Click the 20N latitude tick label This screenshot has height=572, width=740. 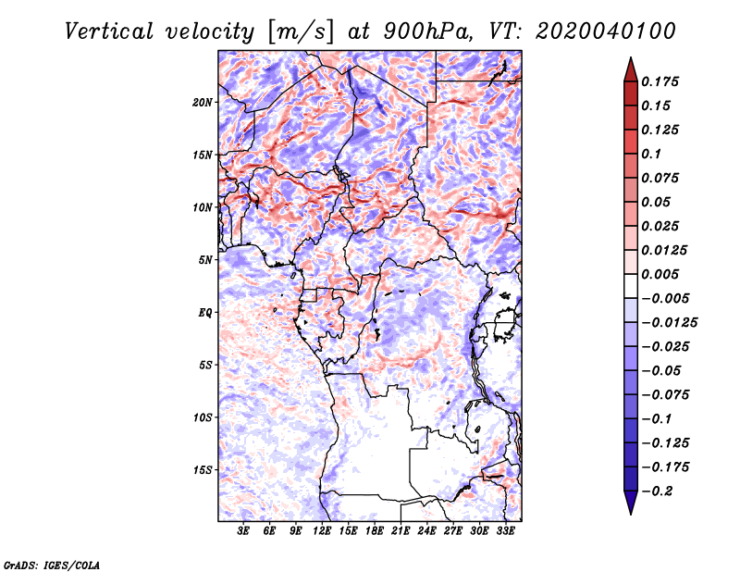coord(203,103)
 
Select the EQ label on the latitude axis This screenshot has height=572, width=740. coord(205,313)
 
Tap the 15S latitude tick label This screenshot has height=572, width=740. coord(203,470)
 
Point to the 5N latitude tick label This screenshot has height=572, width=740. coord(205,260)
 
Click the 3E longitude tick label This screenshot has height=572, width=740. coord(243,531)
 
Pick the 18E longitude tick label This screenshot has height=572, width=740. coord(375,531)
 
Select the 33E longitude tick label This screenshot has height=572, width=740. coord(505,531)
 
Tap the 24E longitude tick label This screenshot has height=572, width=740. coord(426,531)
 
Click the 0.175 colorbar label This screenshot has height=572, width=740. coord(660,81)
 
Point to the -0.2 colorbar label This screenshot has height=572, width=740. coord(657,491)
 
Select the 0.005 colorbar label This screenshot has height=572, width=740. coord(660,274)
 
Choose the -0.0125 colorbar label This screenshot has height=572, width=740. coord(669,323)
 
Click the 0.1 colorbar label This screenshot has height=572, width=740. coord(651,154)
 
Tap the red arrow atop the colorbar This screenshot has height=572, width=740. coord(631,69)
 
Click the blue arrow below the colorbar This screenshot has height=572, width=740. coord(631,503)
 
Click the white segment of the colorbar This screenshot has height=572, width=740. coord(631,286)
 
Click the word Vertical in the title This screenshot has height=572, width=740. coord(109,31)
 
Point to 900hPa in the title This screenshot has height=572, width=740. coord(427,31)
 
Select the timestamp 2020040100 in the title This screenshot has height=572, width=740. coord(606,31)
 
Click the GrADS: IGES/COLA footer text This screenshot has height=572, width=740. coord(52,565)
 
